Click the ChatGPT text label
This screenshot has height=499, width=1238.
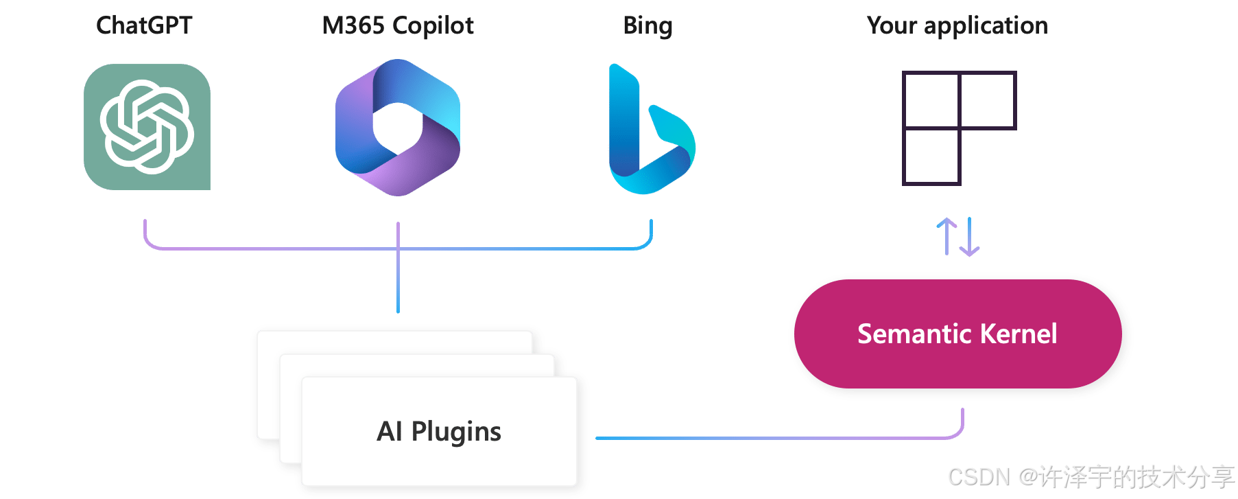coord(144,26)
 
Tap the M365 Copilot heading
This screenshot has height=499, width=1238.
coord(398,26)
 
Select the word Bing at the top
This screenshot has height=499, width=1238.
coord(647,26)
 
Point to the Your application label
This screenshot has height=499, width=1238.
coord(957,26)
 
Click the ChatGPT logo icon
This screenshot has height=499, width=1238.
coord(147,127)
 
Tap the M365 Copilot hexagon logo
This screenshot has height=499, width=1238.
coord(398,128)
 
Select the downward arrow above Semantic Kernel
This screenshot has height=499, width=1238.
coord(969,237)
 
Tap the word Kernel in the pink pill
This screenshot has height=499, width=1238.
coord(1019,334)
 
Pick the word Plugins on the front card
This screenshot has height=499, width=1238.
coord(456,432)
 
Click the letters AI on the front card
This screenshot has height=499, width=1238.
coord(389,432)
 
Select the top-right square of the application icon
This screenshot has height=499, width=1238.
coord(987,100)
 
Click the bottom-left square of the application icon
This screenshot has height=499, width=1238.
coord(931,156)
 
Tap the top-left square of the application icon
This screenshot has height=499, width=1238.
coord(931,100)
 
